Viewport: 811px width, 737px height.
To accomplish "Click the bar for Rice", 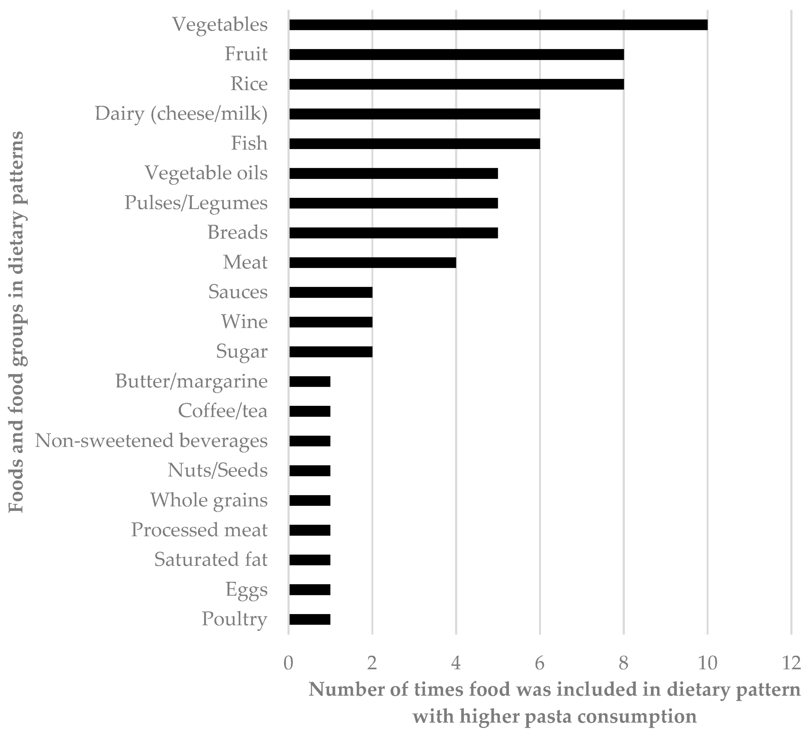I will click(x=456, y=84).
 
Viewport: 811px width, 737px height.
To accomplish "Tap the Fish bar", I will click(x=414, y=144).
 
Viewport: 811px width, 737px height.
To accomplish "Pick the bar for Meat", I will click(x=372, y=262).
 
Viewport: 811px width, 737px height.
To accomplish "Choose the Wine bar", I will click(x=331, y=322).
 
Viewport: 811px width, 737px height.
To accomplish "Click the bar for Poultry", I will click(x=310, y=619).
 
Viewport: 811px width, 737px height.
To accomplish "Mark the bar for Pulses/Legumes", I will click(x=393, y=203).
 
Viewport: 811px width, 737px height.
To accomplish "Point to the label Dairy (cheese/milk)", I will click(x=181, y=114).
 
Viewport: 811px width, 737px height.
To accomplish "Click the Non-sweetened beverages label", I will click(x=151, y=441).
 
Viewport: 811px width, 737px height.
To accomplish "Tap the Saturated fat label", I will click(x=211, y=560).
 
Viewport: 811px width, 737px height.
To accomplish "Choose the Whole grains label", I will click(x=209, y=500).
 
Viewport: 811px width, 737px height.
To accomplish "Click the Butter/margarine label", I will click(x=192, y=381).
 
